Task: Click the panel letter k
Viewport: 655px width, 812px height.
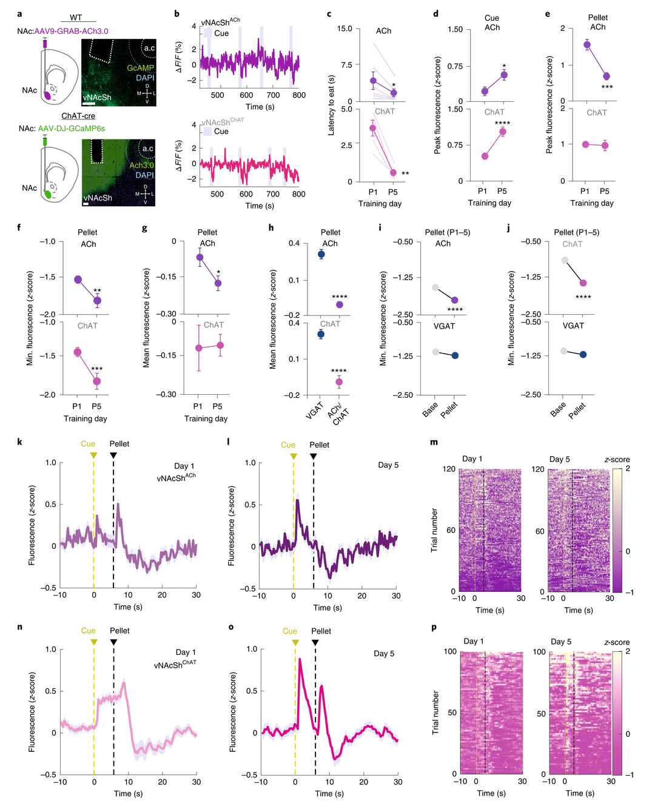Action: tap(19, 442)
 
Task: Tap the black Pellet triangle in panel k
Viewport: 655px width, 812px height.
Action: tap(113, 455)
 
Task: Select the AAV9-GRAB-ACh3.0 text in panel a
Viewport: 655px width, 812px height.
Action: tap(71, 31)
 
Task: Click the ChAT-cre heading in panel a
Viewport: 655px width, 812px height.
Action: tap(78, 116)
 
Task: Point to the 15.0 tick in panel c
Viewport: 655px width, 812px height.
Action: tap(344, 29)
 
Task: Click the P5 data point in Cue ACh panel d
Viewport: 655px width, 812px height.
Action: tap(503, 75)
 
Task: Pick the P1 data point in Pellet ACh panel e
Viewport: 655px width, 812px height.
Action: tap(586, 45)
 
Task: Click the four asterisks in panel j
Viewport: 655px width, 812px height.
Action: tap(583, 297)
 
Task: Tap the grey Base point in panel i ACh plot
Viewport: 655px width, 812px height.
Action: tap(435, 287)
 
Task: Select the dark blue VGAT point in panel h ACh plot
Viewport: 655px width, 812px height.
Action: tap(321, 254)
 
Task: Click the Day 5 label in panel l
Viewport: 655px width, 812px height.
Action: tap(388, 465)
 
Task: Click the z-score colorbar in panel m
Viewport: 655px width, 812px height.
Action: tap(617, 531)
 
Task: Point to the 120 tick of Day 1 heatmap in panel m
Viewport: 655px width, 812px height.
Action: tap(449, 469)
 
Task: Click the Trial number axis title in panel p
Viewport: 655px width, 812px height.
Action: tap(435, 713)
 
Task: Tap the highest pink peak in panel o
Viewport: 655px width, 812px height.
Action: tap(300, 659)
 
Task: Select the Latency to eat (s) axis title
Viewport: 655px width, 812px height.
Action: tap(331, 105)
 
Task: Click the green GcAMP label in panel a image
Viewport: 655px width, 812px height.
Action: tap(140, 68)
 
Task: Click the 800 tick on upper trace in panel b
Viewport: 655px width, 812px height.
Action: tap(298, 95)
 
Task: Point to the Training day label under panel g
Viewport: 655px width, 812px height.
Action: tap(206, 418)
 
